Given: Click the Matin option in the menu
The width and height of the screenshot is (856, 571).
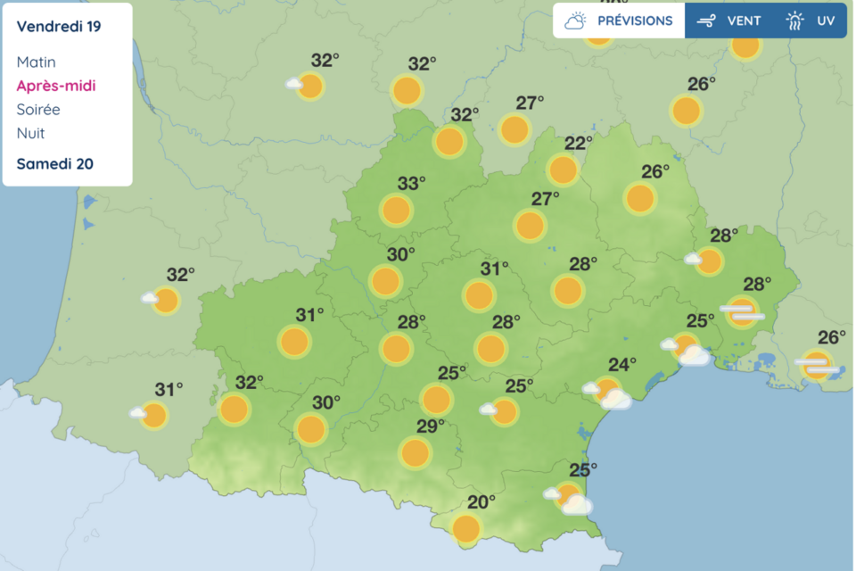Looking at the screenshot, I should click(x=36, y=62).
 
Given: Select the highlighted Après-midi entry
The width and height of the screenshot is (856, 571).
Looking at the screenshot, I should click(x=55, y=87).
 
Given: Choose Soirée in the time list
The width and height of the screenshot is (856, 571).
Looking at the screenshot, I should click(x=38, y=110).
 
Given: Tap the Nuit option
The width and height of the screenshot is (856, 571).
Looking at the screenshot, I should click(x=30, y=134).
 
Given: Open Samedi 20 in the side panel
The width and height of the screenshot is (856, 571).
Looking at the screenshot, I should click(x=54, y=163).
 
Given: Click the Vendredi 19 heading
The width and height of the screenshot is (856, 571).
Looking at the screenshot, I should click(x=58, y=26).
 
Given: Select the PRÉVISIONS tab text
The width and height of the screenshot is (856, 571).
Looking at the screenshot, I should click(x=635, y=21).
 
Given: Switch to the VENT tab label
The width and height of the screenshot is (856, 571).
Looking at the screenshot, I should click(x=744, y=21).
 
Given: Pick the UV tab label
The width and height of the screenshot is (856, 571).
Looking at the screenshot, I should click(x=826, y=21).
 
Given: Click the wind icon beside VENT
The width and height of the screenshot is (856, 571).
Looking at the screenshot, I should click(x=706, y=21).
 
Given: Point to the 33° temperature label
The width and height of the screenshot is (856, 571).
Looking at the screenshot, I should click(x=411, y=184).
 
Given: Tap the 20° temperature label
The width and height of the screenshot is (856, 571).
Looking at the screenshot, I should click(x=481, y=502).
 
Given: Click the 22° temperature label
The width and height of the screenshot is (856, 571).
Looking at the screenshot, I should click(x=578, y=144).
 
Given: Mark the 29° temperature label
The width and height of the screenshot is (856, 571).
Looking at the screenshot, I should click(x=430, y=426).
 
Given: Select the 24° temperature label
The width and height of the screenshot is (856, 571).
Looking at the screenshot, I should click(x=621, y=364).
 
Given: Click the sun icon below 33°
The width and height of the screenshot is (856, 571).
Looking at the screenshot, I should click(x=396, y=211).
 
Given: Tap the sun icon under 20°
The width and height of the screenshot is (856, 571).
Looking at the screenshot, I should click(x=465, y=529).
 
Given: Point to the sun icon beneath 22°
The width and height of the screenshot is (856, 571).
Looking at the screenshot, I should click(x=563, y=170).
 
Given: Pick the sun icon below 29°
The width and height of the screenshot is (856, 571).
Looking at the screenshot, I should click(x=415, y=453).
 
